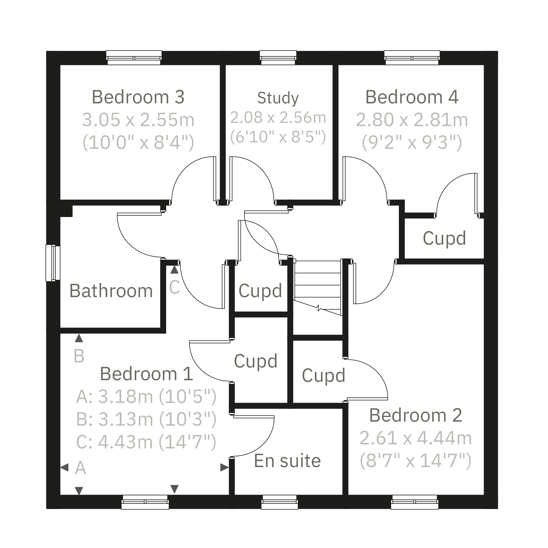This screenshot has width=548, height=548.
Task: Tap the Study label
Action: pos(278,98)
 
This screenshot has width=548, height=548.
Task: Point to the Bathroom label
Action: pos(111,291)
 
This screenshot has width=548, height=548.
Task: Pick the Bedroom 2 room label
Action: pos(416,415)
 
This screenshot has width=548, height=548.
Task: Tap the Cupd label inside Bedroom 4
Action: pos(444,238)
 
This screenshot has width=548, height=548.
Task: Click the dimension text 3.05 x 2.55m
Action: pos(138,120)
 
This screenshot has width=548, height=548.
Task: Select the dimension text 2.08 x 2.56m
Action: pos(278,117)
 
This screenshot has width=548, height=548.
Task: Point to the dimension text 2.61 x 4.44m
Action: pos(416,438)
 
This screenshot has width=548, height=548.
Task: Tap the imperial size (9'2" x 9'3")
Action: pos(412,142)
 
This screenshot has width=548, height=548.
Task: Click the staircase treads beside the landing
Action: pos(318,285)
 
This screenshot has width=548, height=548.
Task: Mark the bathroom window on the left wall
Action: pos(53,263)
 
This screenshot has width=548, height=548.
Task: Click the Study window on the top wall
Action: pos(278,58)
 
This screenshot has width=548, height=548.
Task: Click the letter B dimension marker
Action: pos(79,356)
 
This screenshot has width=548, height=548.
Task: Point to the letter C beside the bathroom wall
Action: pos(174,287)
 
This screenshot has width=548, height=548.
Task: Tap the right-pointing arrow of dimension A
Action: pos(224,467)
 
